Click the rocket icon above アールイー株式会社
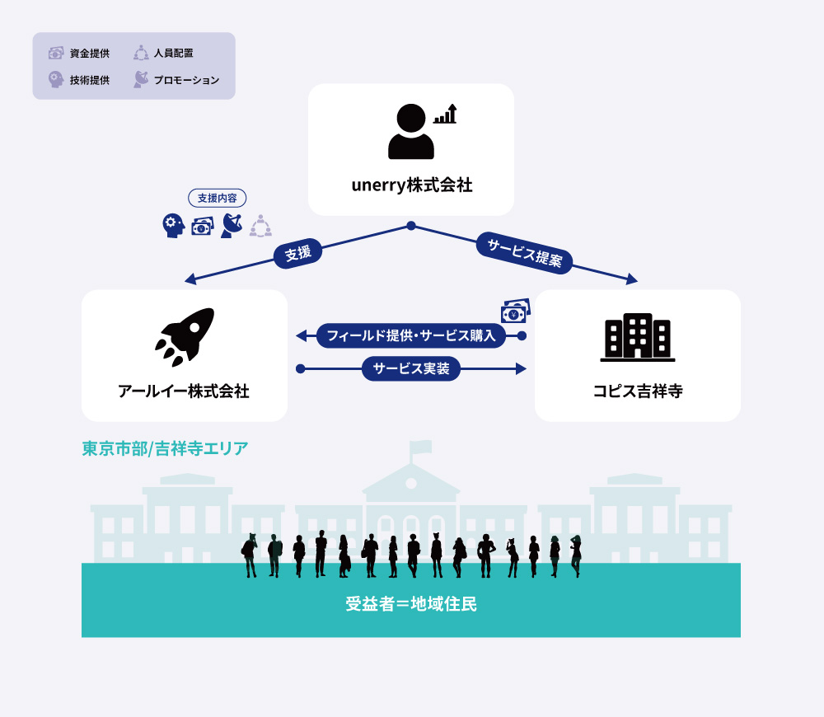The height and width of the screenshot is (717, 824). (185, 337)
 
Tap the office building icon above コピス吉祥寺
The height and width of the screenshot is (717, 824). (638, 337)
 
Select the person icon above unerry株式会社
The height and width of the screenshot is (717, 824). (411, 131)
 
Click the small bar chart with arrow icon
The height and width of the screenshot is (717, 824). (445, 114)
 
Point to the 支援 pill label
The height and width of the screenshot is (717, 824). (298, 253)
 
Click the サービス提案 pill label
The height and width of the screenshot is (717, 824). (524, 253)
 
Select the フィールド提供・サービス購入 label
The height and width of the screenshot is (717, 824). (411, 335)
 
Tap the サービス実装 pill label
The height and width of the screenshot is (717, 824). (411, 368)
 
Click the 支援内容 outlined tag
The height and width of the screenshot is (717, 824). (217, 198)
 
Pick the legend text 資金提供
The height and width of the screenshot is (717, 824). (90, 53)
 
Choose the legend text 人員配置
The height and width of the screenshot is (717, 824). (173, 53)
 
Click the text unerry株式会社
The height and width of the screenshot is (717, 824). (411, 185)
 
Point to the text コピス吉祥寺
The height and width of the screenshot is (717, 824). (638, 391)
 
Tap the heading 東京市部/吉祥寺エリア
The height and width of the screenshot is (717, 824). (165, 448)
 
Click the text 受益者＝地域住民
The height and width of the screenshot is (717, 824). (411, 604)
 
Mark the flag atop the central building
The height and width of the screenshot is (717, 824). (421, 448)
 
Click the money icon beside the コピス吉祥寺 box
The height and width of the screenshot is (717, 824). (516, 311)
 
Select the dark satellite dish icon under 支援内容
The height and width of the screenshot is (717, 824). (232, 226)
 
